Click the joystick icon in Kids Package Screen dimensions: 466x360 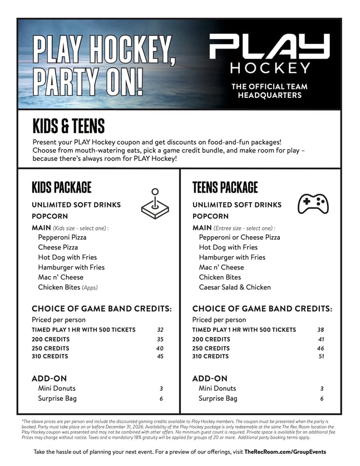pyautogui.click(x=155, y=205)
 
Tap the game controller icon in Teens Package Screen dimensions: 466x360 pyautogui.click(x=313, y=204)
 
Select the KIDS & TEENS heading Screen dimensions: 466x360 pyautogui.click(x=68, y=126)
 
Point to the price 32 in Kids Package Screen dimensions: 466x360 pyautogui.click(x=160, y=330)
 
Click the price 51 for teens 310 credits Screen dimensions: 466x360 pyautogui.click(x=321, y=356)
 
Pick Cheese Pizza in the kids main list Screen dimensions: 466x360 pyautogui.click(x=58, y=247)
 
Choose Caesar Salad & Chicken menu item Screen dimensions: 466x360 pyautogui.click(x=235, y=287)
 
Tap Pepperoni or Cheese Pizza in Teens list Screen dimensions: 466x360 pyautogui.click(x=239, y=237)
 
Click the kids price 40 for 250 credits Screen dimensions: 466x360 pyautogui.click(x=160, y=348)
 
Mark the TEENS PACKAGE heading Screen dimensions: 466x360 pyautogui.click(x=225, y=187)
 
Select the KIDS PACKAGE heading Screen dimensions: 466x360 pyautogui.click(x=62, y=187)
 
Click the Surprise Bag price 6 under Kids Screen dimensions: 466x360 pyautogui.click(x=161, y=399)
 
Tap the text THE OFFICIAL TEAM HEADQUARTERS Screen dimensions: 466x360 pyautogui.click(x=269, y=91)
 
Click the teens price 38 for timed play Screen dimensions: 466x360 pyautogui.click(x=320, y=330)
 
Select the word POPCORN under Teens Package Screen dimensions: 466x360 pyautogui.click(x=210, y=216)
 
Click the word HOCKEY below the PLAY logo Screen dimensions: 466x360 pyautogui.click(x=270, y=68)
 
